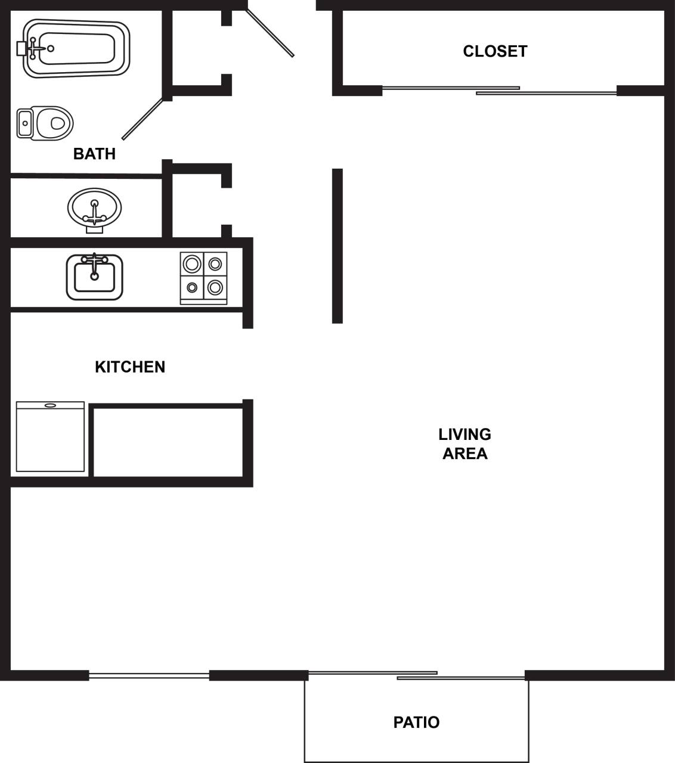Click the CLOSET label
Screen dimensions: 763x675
pos(495,51)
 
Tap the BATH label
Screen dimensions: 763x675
pos(94,154)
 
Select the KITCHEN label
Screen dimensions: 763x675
pos(130,367)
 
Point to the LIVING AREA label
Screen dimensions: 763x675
pos(465,443)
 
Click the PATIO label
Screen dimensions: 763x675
pos(416,722)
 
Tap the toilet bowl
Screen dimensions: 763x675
pos(54,123)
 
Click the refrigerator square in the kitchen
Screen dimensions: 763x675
pos(50,437)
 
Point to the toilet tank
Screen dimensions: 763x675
pos(24,123)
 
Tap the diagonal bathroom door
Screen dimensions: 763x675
pos(143,119)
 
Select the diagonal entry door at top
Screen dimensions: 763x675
pos(270,32)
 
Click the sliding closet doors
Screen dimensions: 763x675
pos(498,91)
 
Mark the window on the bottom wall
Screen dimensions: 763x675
pos(149,675)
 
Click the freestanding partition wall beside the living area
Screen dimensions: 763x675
pos(337,246)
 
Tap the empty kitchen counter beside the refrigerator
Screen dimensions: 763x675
pos(168,442)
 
